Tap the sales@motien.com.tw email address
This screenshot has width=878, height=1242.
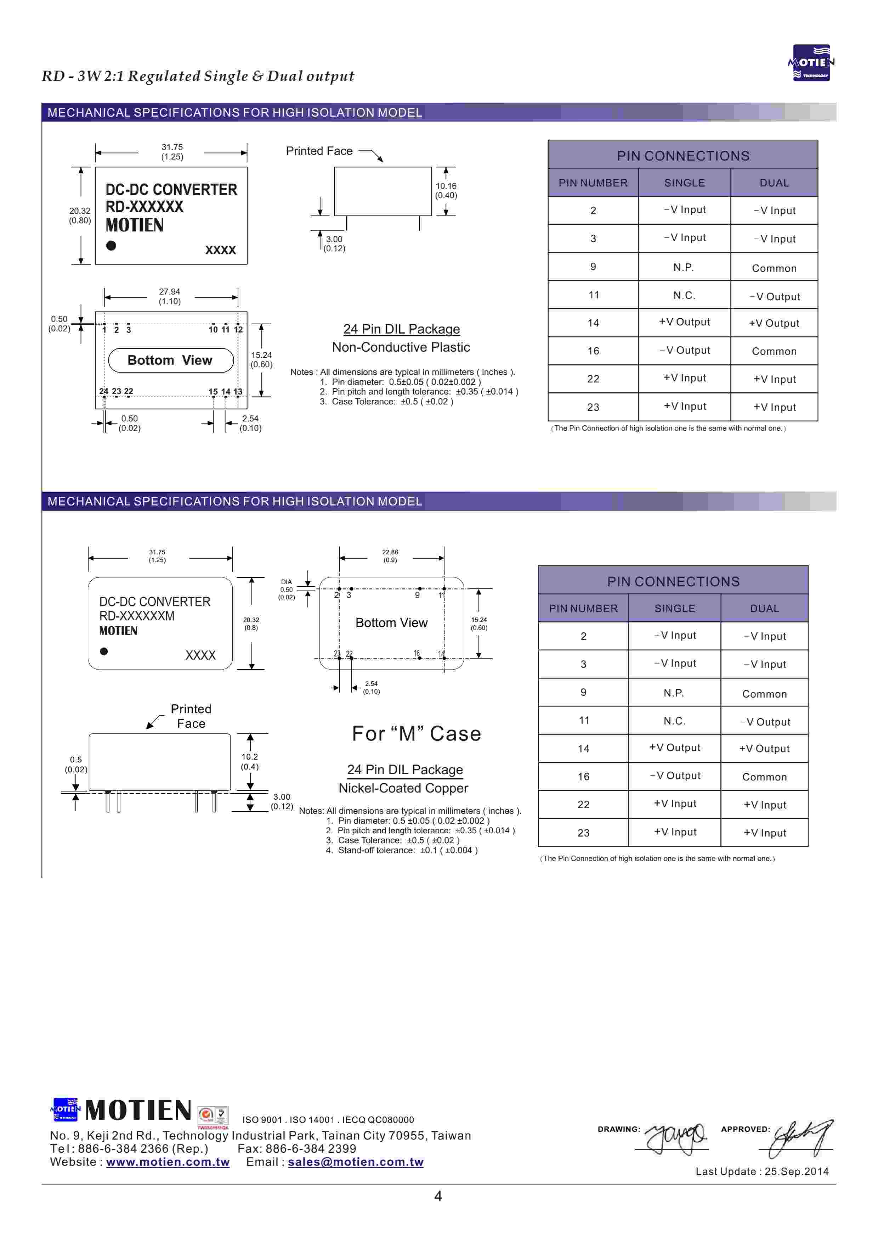pyautogui.click(x=355, y=1162)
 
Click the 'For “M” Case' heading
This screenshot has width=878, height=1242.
pyautogui.click(x=416, y=733)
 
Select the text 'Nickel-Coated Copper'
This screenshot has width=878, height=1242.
pyautogui.click(x=403, y=788)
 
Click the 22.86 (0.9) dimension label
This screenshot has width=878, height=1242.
pyautogui.click(x=390, y=556)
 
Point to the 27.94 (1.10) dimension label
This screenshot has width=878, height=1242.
pyautogui.click(x=170, y=296)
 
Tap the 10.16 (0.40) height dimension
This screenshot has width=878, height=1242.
pyautogui.click(x=446, y=190)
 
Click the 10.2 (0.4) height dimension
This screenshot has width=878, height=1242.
pyautogui.click(x=250, y=762)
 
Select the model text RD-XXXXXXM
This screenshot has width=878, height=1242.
pyautogui.click(x=137, y=616)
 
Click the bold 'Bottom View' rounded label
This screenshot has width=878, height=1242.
pyautogui.click(x=170, y=360)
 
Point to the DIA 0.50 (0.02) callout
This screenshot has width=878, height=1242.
pyautogui.click(x=287, y=589)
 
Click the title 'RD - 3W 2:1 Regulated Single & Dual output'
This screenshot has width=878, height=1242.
pyautogui.click(x=198, y=76)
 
